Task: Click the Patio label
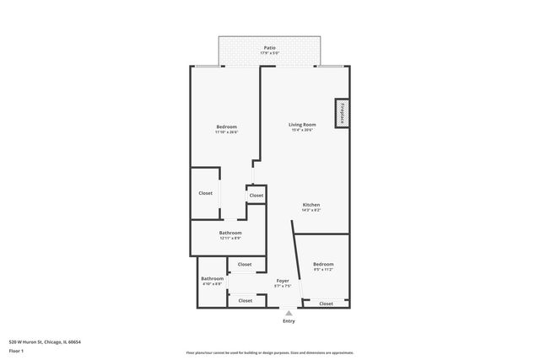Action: coord(269,48)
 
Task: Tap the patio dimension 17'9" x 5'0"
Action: coord(269,54)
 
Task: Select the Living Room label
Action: coord(302,125)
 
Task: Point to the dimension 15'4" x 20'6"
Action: coord(302,130)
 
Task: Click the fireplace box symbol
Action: coord(342,114)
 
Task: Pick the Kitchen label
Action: coord(311,205)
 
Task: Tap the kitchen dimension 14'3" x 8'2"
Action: coord(311,210)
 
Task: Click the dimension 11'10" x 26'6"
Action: coord(226,132)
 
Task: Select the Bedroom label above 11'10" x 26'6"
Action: coord(226,126)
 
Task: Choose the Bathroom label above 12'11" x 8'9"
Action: coord(230,233)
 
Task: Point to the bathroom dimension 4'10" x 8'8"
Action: coord(212,283)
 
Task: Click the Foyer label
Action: coord(283,280)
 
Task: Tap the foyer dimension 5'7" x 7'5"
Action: coord(283,286)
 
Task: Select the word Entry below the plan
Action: coord(289,320)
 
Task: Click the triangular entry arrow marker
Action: coord(289,313)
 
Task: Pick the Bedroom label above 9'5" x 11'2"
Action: coord(324,264)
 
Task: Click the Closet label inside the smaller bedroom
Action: coord(326,304)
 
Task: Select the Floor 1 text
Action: coord(17,351)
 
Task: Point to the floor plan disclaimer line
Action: coord(269,352)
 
